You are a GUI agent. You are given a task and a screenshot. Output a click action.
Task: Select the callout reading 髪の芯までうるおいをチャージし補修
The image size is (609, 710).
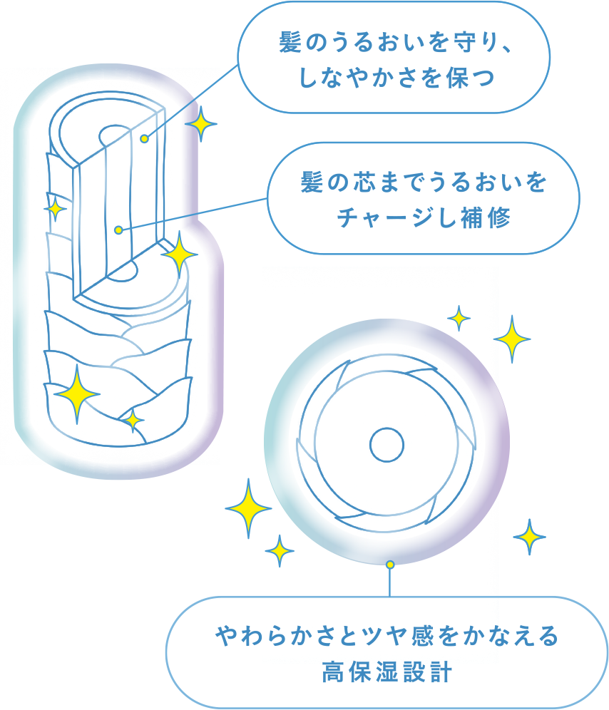pyautogui.click(x=423, y=199)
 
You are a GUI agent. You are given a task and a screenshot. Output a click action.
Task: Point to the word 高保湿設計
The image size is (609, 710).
pyautogui.click(x=387, y=672)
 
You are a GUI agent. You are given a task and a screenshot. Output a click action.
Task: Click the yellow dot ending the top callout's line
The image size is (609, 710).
pyautogui.click(x=144, y=138)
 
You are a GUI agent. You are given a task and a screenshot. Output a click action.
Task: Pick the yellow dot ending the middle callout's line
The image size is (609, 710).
pyautogui.click(x=118, y=230)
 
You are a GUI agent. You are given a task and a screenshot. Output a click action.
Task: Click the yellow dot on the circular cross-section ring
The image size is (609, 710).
pyautogui.click(x=389, y=565)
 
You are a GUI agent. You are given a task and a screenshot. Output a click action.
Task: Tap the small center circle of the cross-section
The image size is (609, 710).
pyautogui.click(x=387, y=445)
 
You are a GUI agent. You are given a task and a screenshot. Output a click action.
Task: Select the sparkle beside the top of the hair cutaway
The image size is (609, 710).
pyautogui.click(x=200, y=126)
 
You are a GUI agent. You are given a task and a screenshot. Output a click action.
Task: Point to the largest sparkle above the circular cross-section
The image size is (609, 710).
pyautogui.click(x=513, y=338)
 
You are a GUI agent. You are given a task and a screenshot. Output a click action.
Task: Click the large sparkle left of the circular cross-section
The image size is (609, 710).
pyautogui.click(x=248, y=508)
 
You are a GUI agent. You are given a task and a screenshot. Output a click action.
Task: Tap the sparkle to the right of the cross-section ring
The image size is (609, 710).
pyautogui.click(x=529, y=536)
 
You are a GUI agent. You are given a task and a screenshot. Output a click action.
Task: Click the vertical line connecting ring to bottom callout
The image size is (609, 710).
pyautogui.click(x=389, y=581)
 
